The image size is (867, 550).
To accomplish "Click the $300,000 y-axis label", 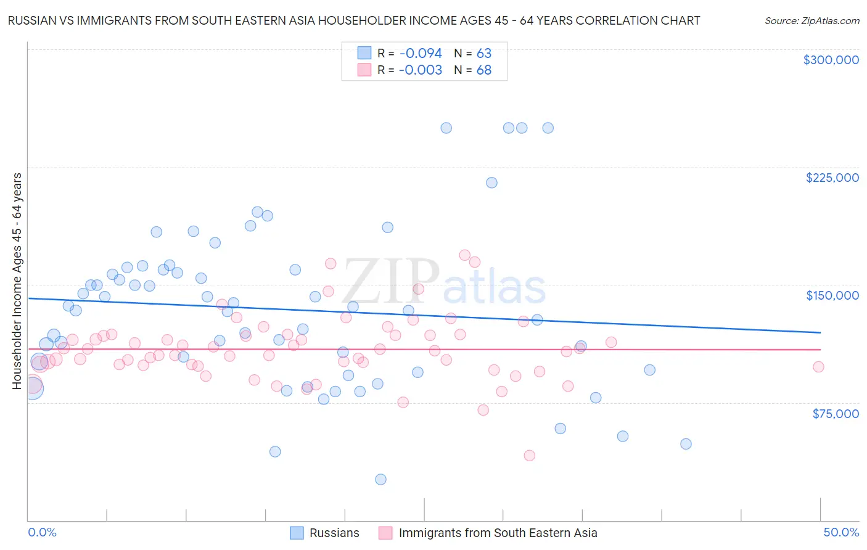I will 831,60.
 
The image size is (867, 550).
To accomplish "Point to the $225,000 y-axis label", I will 832,178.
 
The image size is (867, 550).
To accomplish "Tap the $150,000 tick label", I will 832,295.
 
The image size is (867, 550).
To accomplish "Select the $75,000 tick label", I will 835,414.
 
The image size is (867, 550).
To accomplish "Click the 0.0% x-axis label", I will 42,532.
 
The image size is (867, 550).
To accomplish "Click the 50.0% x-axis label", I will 841,532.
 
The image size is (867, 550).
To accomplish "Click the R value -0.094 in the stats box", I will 420,53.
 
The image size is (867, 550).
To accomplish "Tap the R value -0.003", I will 420,70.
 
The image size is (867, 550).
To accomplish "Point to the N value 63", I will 483,53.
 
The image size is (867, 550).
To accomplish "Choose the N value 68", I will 483,70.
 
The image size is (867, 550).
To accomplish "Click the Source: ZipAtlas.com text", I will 812,20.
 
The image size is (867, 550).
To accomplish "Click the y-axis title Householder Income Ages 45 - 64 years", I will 17,281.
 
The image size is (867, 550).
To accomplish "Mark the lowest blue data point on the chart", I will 380,479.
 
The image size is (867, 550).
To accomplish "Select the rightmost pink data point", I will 818,367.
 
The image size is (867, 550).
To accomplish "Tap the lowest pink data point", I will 529,456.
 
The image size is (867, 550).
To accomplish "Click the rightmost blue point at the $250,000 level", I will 548,128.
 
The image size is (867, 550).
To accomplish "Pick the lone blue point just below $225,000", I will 491,183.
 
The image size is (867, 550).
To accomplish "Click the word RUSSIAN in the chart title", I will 30,20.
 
